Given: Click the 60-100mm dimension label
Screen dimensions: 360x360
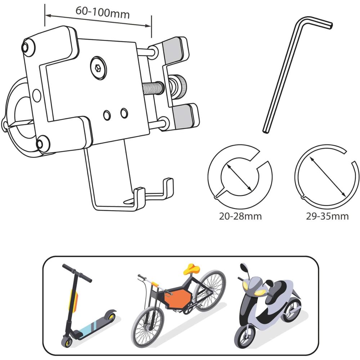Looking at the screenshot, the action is (x=103, y=12).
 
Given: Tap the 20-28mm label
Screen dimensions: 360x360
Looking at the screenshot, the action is (x=240, y=216).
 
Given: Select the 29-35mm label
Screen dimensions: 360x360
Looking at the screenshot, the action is (x=327, y=216).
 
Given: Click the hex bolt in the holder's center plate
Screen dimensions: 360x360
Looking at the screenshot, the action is (x=98, y=68).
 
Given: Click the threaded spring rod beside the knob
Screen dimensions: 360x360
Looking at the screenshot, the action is (x=153, y=87).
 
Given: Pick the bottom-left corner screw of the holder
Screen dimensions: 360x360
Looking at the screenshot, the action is (x=40, y=144).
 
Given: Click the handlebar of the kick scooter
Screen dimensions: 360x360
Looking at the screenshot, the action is (x=77, y=273).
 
